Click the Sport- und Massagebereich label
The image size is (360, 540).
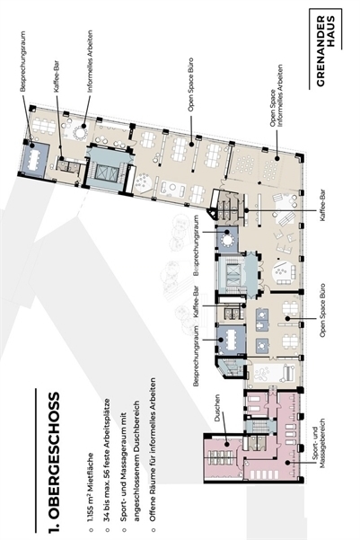[317, 443]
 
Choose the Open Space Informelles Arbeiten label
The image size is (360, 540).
[277, 95]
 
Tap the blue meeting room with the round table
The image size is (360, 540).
[227, 239]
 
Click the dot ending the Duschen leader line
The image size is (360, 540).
[226, 444]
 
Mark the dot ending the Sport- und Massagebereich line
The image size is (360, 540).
[287, 463]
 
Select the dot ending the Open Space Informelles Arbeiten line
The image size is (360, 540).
[277, 158]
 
